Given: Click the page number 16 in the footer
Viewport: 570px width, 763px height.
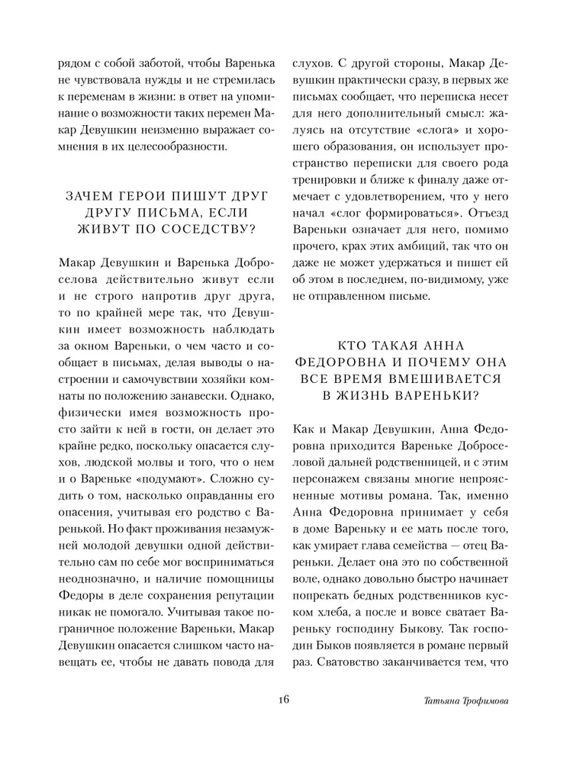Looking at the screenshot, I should point(284,701).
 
